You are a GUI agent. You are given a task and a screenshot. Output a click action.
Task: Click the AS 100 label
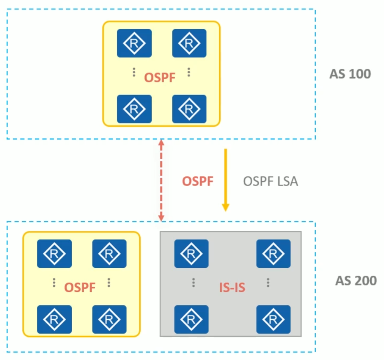click(350, 74)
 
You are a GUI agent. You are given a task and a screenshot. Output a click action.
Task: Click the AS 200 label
click(356, 281)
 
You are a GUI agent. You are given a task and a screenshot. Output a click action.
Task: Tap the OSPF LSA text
click(270, 181)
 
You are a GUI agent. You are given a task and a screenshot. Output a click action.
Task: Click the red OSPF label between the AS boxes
click(198, 181)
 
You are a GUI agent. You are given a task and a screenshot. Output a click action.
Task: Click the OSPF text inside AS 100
click(160, 78)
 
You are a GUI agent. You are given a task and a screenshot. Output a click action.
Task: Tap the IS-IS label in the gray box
click(232, 287)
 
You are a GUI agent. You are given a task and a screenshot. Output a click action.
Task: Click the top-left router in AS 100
click(134, 43)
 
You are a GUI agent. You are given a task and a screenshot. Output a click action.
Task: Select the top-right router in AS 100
click(189, 43)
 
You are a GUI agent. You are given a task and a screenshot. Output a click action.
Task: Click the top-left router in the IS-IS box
click(191, 253)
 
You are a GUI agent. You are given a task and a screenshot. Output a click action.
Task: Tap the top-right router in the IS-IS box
click(273, 253)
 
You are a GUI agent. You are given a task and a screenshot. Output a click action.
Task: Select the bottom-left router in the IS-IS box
click(191, 319)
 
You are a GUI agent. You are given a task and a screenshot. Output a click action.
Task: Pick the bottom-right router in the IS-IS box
click(273, 319)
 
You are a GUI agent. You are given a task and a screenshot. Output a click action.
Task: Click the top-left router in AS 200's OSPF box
click(54, 253)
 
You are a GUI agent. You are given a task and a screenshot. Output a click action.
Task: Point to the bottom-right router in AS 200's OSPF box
click(109, 319)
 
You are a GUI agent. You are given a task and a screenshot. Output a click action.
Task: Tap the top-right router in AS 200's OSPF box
click(109, 253)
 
